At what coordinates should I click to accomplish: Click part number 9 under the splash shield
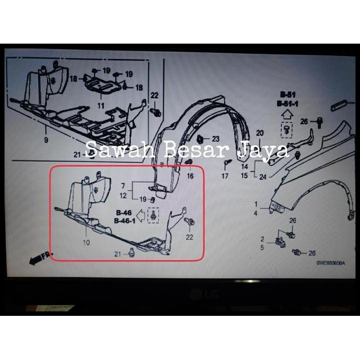point(46,141)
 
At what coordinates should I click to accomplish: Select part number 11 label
point(101,106)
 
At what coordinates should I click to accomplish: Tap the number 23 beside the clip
point(216,138)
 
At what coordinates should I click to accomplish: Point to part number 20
point(259,133)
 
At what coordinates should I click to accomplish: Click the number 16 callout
point(191,176)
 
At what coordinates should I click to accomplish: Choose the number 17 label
point(225,176)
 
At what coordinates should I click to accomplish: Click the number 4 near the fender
point(255,214)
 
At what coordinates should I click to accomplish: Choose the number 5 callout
point(262,247)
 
